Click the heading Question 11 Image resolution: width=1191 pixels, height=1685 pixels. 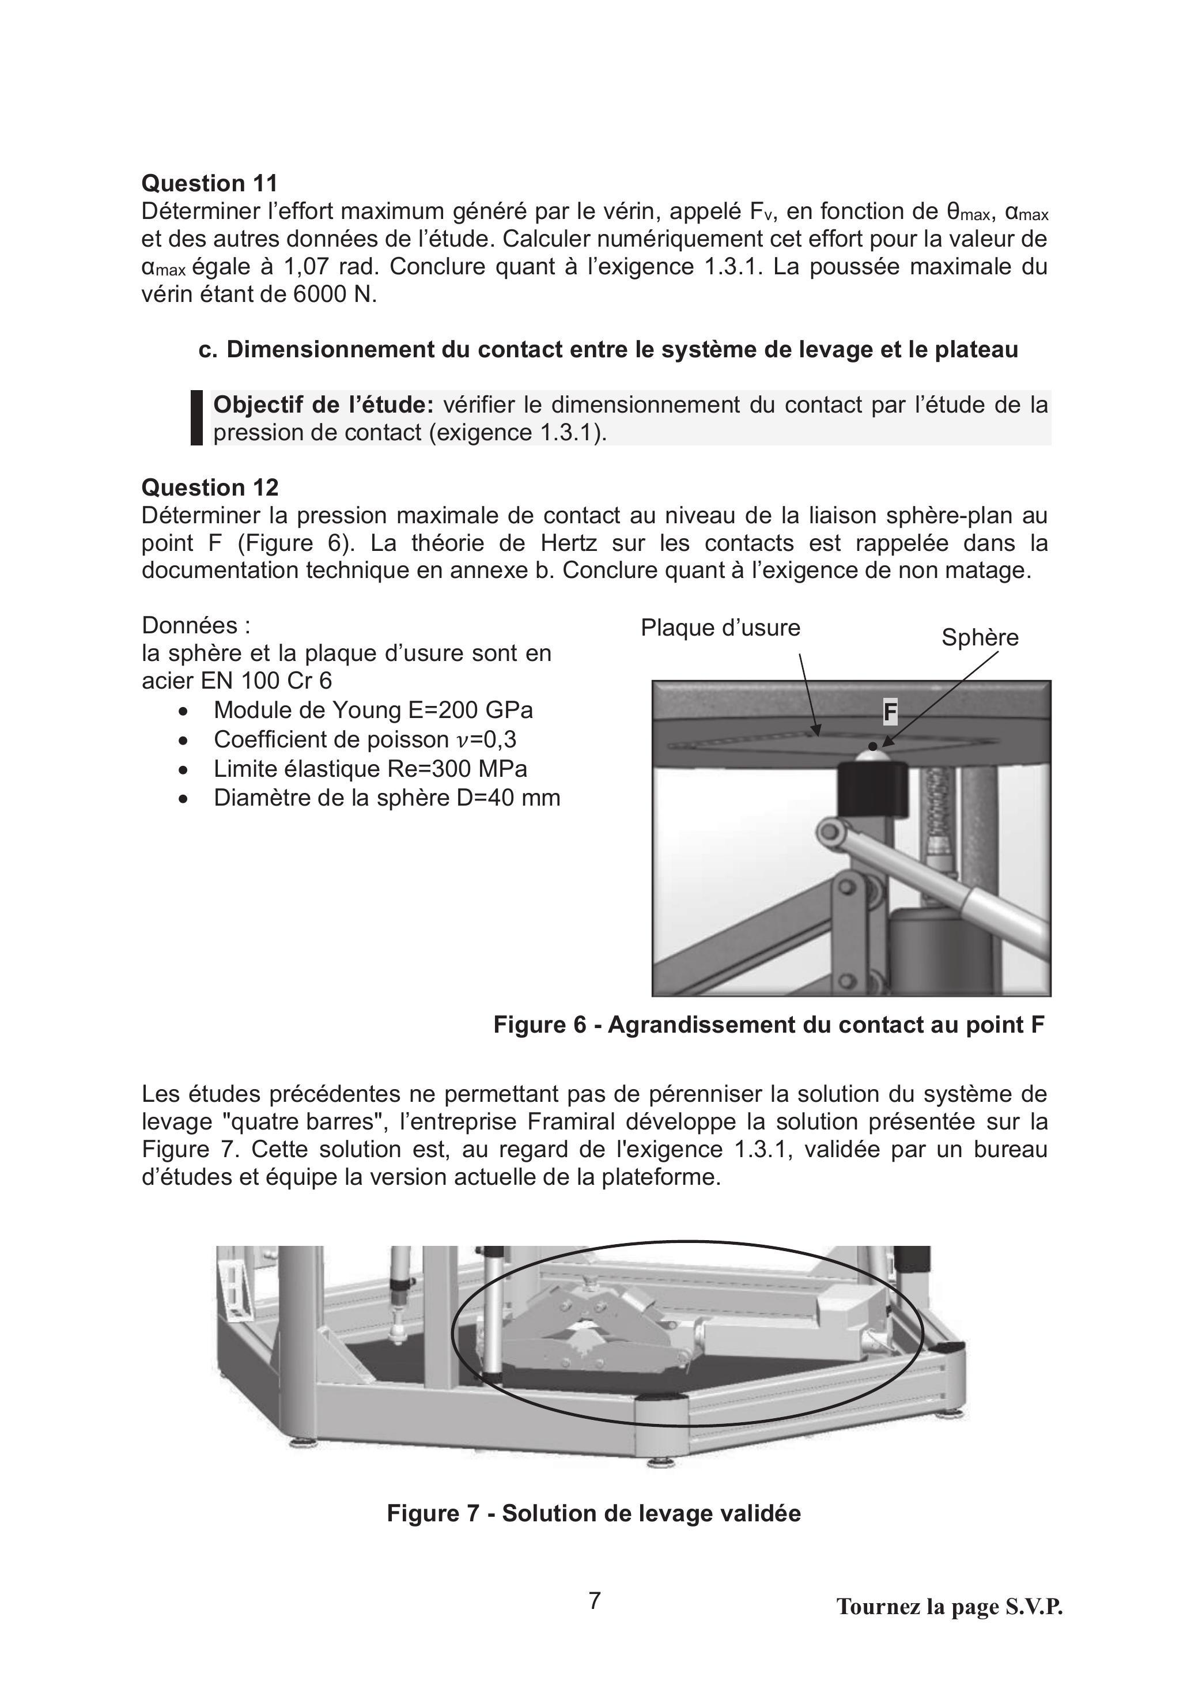(210, 183)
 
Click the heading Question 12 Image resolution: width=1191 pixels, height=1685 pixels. (210, 488)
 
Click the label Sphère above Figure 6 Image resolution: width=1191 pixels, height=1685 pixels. (980, 637)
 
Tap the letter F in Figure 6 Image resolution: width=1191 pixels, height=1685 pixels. (890, 712)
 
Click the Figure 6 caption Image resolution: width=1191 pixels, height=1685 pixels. (768, 1024)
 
